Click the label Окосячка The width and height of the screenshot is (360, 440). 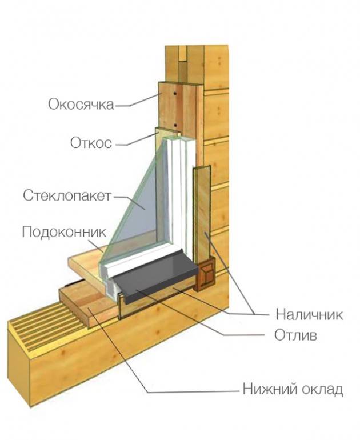[x=81, y=105]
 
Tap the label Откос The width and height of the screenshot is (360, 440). [x=91, y=143]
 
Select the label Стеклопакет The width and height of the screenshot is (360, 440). [x=67, y=195]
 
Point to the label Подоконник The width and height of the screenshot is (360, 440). [x=64, y=233]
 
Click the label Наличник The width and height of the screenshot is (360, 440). [x=309, y=314]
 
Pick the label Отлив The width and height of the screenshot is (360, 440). [x=296, y=335]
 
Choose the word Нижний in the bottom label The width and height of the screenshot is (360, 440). [x=266, y=390]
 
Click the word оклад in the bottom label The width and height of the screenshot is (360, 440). [x=318, y=390]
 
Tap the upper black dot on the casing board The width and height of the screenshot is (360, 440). [x=174, y=94]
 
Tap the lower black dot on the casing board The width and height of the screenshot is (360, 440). [x=175, y=125]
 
